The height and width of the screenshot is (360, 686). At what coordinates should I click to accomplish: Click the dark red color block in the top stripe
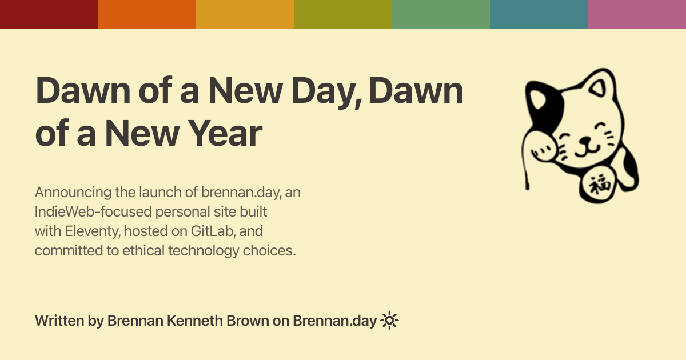pos(49,14)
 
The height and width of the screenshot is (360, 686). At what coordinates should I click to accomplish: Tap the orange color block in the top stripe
pos(147,14)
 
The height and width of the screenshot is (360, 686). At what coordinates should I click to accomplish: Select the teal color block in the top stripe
pos(539,14)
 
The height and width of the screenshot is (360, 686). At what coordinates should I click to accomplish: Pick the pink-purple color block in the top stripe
pos(637,14)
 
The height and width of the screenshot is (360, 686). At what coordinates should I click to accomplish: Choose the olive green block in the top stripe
pos(343,14)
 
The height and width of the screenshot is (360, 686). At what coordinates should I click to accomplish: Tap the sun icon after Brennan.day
pos(389,321)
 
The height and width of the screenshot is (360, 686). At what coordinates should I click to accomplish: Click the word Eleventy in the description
pos(92,231)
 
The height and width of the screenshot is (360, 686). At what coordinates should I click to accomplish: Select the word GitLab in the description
pos(213,231)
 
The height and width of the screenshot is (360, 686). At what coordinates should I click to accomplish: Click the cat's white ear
pos(600,83)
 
